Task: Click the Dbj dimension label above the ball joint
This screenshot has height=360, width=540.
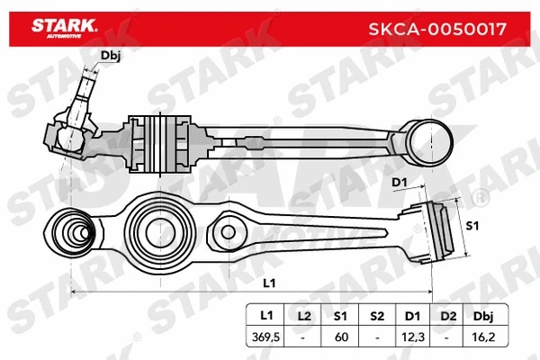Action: (x=111, y=57)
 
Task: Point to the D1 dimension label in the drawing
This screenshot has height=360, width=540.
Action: (x=400, y=184)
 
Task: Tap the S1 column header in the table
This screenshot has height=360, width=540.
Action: (x=340, y=316)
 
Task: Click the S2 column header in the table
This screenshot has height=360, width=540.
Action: (x=377, y=316)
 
